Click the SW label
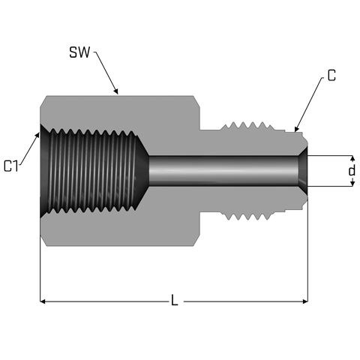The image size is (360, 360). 79,52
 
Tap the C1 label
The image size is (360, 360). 11,166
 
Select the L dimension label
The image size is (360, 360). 175,300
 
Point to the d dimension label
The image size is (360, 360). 352,171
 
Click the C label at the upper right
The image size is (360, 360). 331,75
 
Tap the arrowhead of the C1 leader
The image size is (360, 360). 37,136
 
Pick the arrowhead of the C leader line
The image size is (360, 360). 296,129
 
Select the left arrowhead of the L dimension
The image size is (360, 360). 43,301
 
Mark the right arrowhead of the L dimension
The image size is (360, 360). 305,301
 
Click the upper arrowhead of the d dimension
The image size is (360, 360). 352,158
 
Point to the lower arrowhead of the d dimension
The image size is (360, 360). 352,184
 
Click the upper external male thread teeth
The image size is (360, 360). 247,126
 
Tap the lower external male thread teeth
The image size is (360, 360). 247,217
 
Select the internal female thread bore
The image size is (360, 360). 93,171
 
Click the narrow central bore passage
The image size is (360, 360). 223,171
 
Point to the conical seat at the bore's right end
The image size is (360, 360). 303,171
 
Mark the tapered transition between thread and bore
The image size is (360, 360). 142,171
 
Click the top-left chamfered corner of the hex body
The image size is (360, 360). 43,101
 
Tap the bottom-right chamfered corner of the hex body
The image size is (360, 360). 196,241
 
